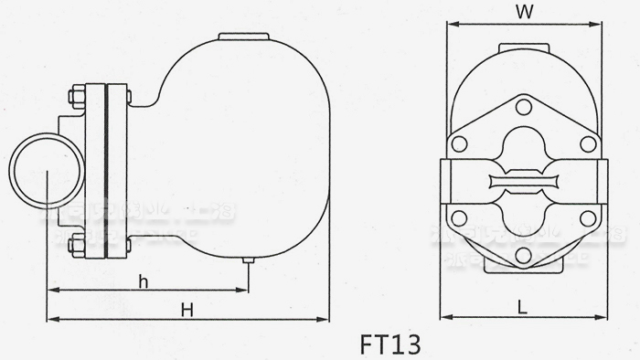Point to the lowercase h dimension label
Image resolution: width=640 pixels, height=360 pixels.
[143, 281]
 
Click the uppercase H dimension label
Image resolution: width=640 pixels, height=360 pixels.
[187, 309]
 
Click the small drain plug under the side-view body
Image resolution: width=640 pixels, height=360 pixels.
[247, 261]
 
